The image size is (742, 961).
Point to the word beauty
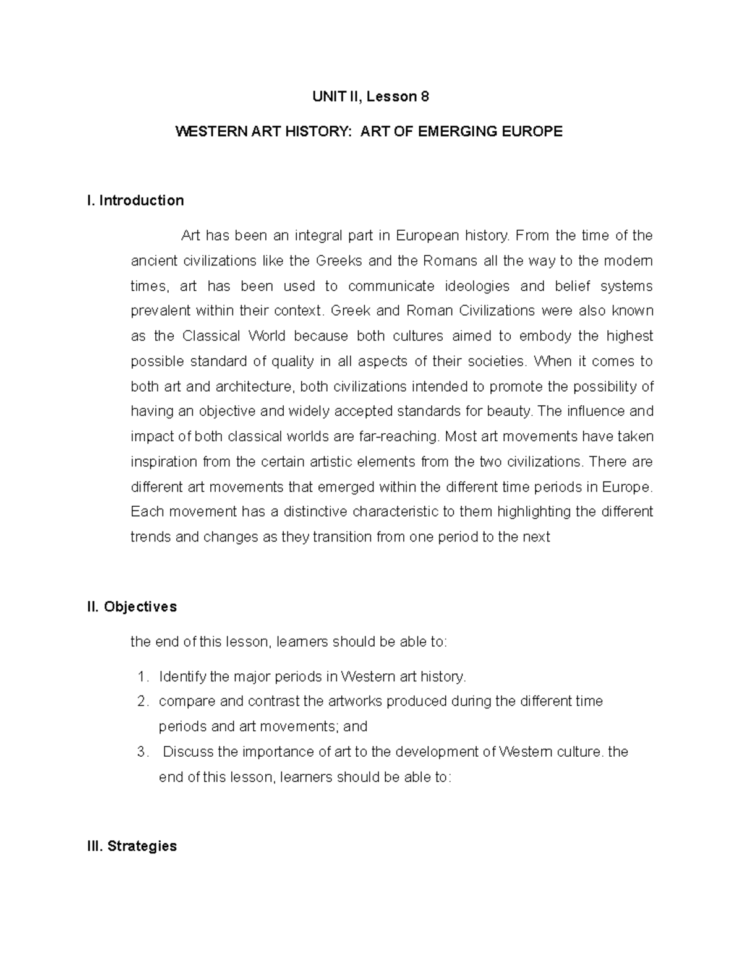[514, 412]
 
